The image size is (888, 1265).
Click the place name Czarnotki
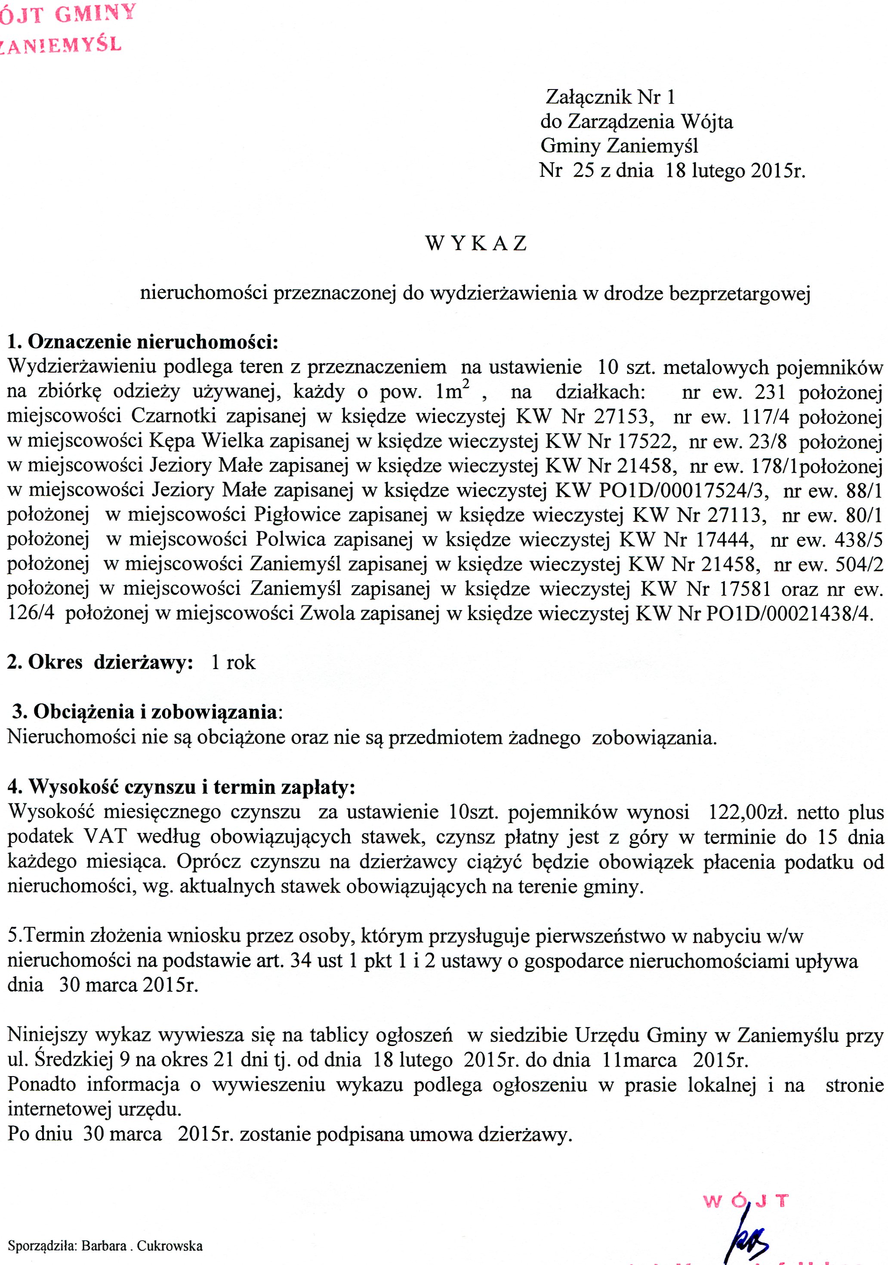coord(173,416)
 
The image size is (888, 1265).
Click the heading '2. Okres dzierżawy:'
coord(100,662)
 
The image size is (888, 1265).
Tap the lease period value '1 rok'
coord(233,662)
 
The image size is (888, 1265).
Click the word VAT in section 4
coord(105,836)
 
